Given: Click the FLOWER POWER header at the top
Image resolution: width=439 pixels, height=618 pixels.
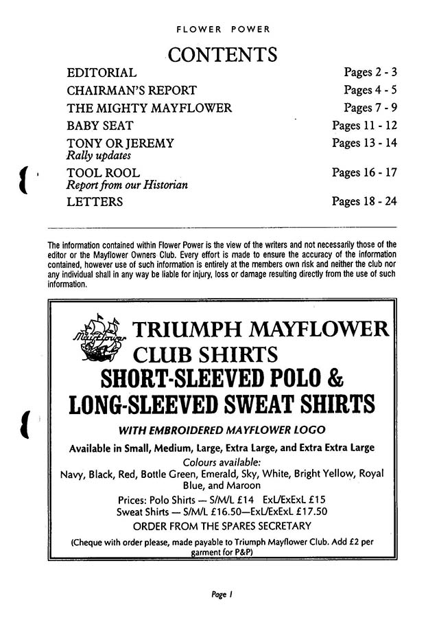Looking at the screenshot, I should [223, 30].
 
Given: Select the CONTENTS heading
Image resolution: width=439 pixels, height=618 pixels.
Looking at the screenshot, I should [222, 54].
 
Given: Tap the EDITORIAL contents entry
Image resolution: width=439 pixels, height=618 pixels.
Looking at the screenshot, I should [102, 72].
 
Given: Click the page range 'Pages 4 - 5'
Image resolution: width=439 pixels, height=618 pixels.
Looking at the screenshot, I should [370, 90].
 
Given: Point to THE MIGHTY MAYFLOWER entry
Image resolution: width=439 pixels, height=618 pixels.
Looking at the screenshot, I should [149, 108].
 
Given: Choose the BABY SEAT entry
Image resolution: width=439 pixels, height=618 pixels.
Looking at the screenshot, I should [99, 126].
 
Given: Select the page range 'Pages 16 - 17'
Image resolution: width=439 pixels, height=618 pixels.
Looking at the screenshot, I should [364, 173].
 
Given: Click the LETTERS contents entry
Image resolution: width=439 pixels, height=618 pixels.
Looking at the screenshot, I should [95, 202].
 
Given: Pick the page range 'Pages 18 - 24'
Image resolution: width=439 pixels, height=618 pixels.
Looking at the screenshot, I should [364, 202].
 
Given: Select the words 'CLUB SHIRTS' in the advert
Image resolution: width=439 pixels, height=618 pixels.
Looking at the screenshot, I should [205, 355].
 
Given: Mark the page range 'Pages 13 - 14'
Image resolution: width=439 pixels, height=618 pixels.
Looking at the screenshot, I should [364, 144].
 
